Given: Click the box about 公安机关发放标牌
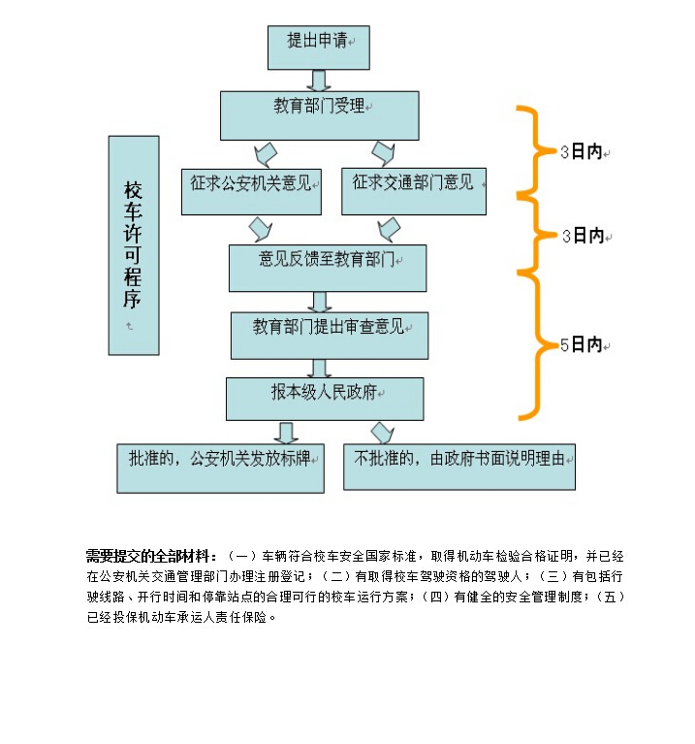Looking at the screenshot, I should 220,468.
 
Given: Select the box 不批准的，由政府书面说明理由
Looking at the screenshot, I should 459,468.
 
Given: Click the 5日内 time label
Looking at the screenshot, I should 584,344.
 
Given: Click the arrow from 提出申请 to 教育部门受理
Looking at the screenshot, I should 319,81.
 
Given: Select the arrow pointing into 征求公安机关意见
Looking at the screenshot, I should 265,154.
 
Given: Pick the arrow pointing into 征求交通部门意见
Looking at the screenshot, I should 384,154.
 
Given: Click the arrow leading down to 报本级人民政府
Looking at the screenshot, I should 319,368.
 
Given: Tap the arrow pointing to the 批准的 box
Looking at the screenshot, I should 286,433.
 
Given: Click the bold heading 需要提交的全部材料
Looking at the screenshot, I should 151,556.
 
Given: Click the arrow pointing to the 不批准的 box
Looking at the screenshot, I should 384,433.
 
